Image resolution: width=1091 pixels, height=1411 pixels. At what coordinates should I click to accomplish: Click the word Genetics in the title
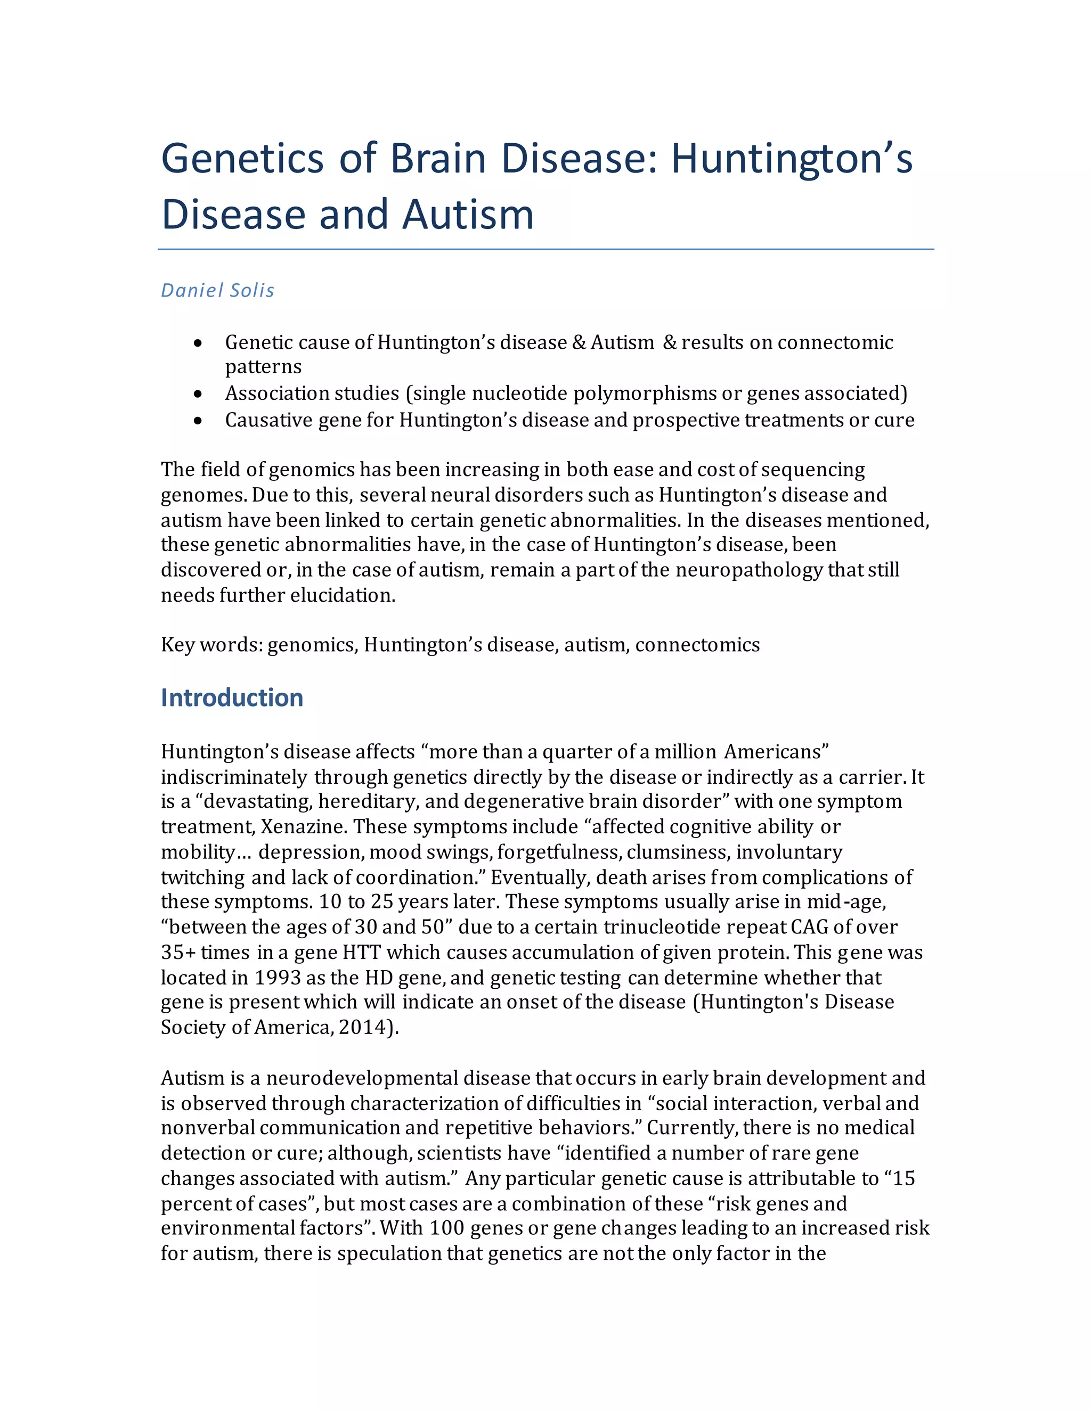[242, 159]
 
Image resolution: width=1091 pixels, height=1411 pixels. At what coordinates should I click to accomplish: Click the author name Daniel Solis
[217, 291]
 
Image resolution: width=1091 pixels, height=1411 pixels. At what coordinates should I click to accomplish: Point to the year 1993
[276, 978]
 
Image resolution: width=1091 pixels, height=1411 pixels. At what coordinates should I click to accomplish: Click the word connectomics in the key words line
[697, 645]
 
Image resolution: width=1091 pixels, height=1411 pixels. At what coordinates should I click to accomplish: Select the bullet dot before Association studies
[198, 393]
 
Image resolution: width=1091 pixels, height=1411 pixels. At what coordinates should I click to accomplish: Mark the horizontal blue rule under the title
[545, 249]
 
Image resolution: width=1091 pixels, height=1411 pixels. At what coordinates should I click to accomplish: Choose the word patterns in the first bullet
[263, 367]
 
